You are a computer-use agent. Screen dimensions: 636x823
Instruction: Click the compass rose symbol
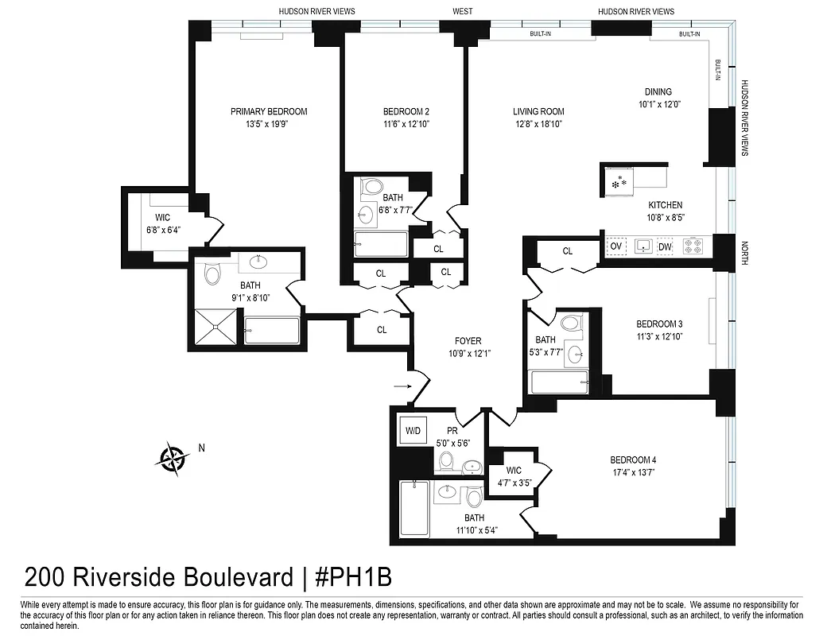click(172, 457)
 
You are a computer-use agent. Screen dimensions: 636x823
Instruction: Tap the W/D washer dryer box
click(413, 430)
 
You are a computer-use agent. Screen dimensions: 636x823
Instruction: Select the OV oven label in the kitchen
click(615, 247)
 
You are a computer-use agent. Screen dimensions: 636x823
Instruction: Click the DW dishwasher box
click(665, 247)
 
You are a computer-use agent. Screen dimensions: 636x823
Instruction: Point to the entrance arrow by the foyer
click(401, 387)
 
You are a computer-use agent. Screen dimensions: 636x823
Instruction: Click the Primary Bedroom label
click(269, 111)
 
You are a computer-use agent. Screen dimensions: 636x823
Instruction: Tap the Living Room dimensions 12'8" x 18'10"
click(538, 124)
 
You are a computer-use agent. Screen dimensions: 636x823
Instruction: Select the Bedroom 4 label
click(633, 460)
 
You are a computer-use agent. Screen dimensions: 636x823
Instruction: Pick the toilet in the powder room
click(446, 461)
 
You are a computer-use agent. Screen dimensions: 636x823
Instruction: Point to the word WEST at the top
click(462, 11)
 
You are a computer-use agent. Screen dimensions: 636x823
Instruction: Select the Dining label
click(658, 91)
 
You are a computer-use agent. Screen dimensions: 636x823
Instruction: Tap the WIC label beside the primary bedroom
click(163, 218)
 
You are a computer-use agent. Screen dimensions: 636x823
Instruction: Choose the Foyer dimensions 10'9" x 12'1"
click(468, 354)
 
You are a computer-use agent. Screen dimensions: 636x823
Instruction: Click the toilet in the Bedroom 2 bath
click(371, 188)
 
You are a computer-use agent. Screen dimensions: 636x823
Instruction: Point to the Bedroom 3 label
click(659, 324)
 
